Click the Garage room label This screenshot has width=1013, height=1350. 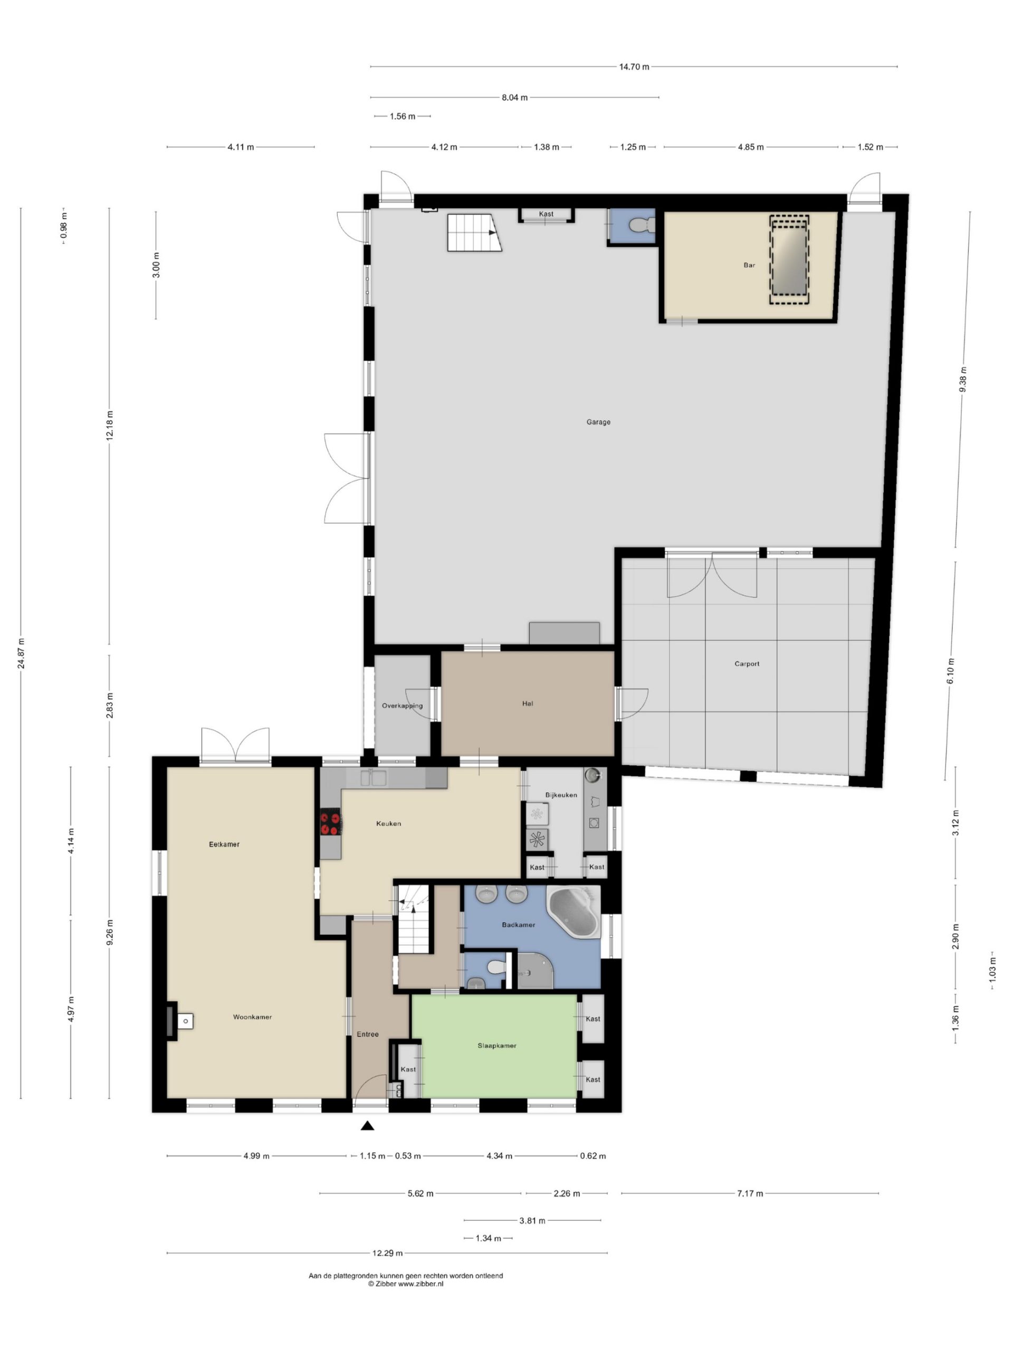pyautogui.click(x=598, y=422)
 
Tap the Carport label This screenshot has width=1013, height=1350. pyautogui.click(x=746, y=663)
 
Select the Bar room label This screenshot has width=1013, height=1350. pyautogui.click(x=749, y=265)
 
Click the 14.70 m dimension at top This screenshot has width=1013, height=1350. pyautogui.click(x=634, y=66)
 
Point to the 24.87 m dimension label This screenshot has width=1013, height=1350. pyautogui.click(x=22, y=653)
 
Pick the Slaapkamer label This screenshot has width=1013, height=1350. pyautogui.click(x=496, y=1045)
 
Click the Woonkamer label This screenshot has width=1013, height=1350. pyautogui.click(x=252, y=1017)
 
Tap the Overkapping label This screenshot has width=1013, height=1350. pyautogui.click(x=402, y=706)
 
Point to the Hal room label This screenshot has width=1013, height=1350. pyautogui.click(x=527, y=703)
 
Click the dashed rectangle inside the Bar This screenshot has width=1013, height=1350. pyautogui.click(x=788, y=259)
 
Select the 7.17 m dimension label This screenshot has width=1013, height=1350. pyautogui.click(x=750, y=1193)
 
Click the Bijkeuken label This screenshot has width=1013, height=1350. pyautogui.click(x=560, y=795)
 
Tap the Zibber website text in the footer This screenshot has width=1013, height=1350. pyautogui.click(x=405, y=1284)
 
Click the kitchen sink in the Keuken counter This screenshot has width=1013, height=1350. pyautogui.click(x=372, y=777)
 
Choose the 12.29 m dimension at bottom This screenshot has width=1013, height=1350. pyautogui.click(x=387, y=1253)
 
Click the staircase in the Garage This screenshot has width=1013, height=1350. pyautogui.click(x=474, y=233)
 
